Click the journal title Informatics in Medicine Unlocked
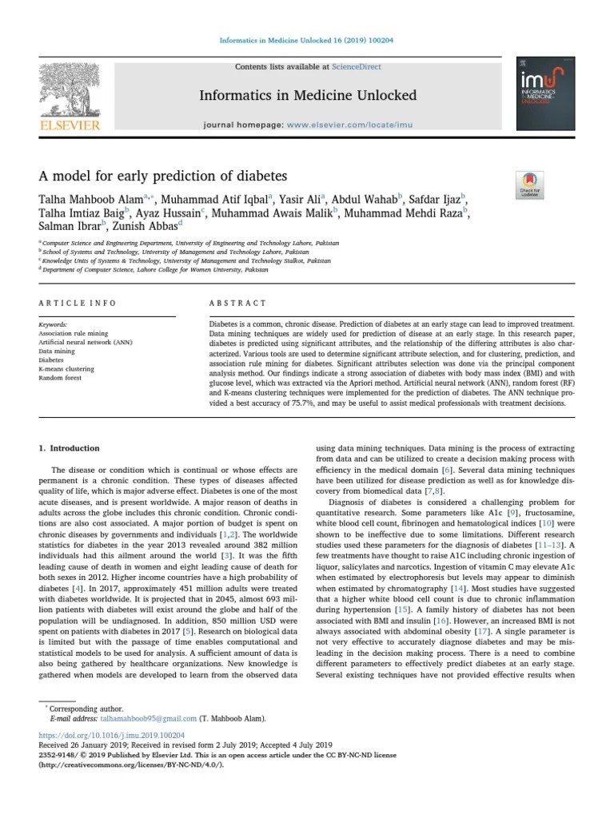(x=308, y=96)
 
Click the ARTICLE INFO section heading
(x=78, y=304)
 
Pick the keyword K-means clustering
(x=66, y=369)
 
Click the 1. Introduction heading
(x=70, y=448)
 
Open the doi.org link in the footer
(x=112, y=734)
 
